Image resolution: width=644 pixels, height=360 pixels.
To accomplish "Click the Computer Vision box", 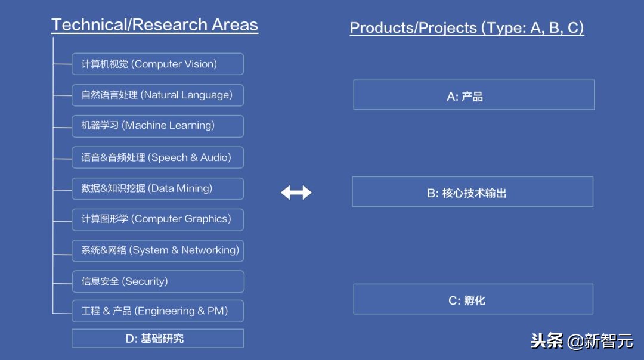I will tap(157, 64).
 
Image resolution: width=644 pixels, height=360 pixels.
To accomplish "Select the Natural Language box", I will tap(157, 95).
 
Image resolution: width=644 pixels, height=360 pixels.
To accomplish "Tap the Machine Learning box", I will tap(157, 126).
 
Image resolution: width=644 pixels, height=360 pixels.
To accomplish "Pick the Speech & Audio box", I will tap(157, 157).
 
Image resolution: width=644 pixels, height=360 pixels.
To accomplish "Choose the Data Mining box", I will tap(157, 188).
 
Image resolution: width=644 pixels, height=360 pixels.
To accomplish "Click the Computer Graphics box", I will tap(157, 219).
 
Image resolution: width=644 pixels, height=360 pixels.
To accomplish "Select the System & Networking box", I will tap(157, 250).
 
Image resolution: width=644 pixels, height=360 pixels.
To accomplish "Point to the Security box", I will tap(157, 281).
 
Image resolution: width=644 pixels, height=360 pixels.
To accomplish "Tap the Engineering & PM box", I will tap(157, 311).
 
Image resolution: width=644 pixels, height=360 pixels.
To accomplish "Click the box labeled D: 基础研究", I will tap(157, 339).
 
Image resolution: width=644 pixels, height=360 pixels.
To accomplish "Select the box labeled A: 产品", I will tap(473, 95).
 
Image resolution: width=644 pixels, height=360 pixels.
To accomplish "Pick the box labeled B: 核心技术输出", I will tap(472, 192).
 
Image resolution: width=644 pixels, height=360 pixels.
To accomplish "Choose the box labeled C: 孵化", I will tap(473, 299).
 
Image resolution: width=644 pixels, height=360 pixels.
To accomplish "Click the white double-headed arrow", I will tap(296, 193).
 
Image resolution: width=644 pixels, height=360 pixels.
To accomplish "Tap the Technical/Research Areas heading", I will tap(154, 25).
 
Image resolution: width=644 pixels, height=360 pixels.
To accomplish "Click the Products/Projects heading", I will tap(466, 27).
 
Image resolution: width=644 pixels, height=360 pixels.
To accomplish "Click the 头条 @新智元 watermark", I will tap(581, 341).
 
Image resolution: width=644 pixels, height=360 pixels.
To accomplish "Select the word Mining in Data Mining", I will tap(197, 188).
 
